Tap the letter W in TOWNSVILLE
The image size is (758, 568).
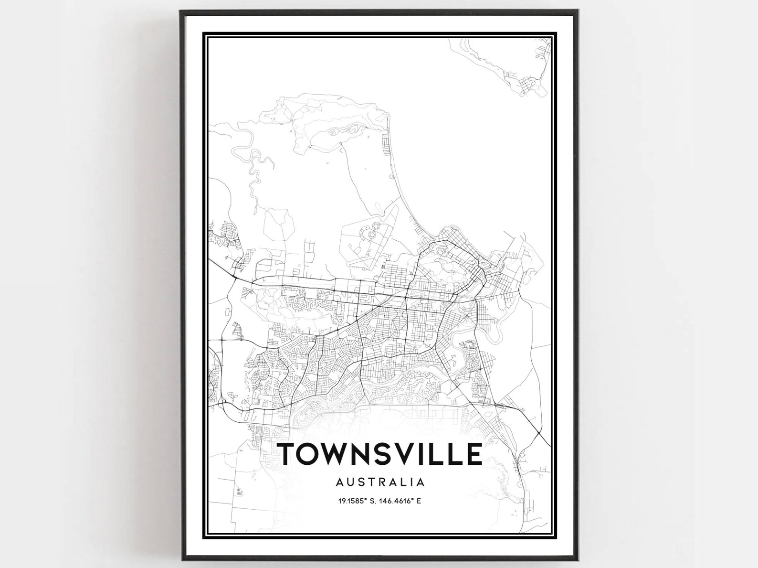click(x=335, y=454)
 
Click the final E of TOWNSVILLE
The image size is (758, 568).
click(x=474, y=454)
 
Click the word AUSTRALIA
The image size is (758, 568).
click(x=380, y=482)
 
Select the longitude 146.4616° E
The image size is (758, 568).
click(x=402, y=501)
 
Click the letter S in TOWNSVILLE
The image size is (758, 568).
click(x=385, y=454)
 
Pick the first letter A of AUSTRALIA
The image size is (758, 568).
click(x=339, y=482)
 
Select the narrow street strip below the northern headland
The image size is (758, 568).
click(x=385, y=146)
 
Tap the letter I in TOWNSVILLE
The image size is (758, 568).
click(x=426, y=454)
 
